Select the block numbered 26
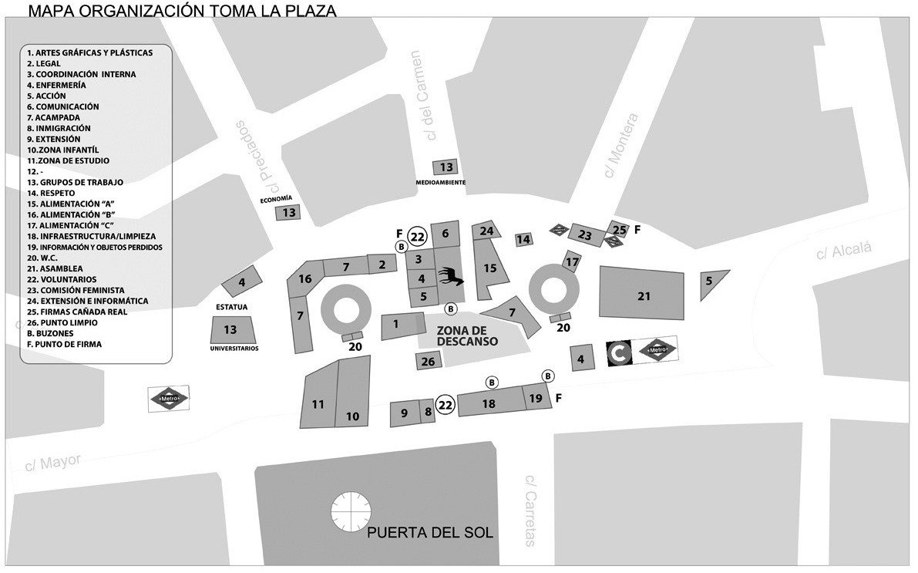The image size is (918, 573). click(429, 361)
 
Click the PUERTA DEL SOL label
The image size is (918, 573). click(429, 533)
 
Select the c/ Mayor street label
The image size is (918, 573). click(52, 463)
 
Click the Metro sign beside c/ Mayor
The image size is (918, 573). click(169, 398)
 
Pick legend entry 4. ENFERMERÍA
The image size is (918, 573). click(56, 85)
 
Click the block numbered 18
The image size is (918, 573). click(489, 403)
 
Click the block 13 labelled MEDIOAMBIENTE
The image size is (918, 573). click(446, 167)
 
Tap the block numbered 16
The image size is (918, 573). click(306, 278)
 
